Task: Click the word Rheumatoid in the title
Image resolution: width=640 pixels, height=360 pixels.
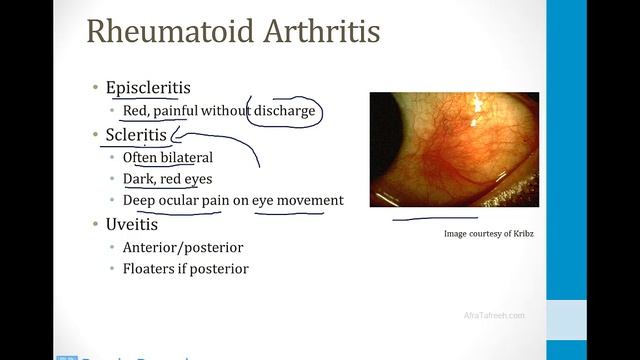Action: [x=161, y=32]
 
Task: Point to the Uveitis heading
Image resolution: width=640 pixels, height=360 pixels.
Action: [x=131, y=225]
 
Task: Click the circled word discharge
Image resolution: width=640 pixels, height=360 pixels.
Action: [x=283, y=111]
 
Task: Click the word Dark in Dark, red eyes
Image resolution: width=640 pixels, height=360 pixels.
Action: [x=139, y=179]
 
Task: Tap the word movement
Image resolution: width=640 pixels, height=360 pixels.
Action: [x=310, y=200]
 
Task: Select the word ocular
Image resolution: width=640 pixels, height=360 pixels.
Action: [x=179, y=200]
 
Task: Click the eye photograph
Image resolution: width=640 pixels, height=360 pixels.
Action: [x=454, y=149]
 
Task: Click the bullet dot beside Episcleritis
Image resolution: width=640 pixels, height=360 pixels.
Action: [x=95, y=89]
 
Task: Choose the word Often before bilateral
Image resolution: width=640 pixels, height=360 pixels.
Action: [x=141, y=157]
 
